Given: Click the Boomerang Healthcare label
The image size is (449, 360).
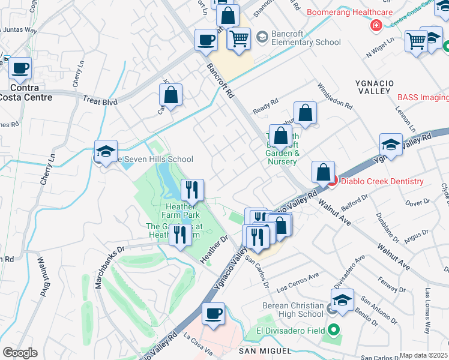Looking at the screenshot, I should [x=349, y=12].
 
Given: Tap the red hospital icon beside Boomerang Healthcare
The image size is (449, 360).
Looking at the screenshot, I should [x=376, y=26].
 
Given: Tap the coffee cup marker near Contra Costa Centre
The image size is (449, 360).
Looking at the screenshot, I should [x=20, y=68].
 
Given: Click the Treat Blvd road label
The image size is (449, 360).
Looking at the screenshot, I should [x=100, y=102].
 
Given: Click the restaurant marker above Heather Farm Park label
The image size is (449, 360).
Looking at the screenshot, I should [x=192, y=190].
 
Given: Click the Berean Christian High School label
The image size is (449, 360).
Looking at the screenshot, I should [x=293, y=310].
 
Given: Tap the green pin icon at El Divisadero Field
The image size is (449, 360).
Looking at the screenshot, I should [x=333, y=331].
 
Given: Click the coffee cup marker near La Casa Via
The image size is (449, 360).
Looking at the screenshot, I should [x=213, y=313].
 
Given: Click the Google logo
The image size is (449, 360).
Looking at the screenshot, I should [x=20, y=353].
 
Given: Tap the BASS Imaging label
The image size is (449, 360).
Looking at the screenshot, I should [x=423, y=97].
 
